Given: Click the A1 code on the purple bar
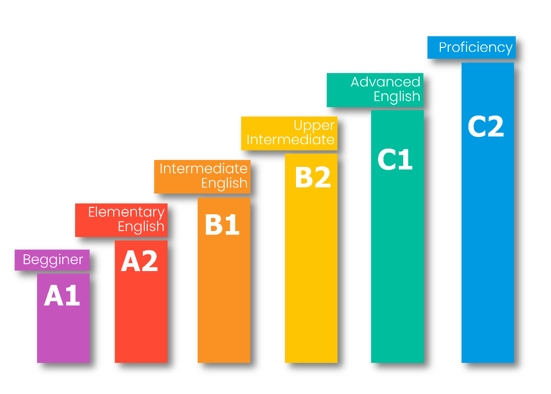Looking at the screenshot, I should pyautogui.click(x=62, y=296).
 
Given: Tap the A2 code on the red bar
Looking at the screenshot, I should pyautogui.click(x=139, y=261).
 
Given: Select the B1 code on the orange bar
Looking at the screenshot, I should pyautogui.click(x=222, y=225).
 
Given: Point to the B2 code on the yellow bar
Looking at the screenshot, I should pyautogui.click(x=312, y=178).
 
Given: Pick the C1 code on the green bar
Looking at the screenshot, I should pyautogui.click(x=395, y=159).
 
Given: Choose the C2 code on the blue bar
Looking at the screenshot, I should pyautogui.click(x=486, y=127).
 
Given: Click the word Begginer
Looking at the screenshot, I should pyautogui.click(x=53, y=260).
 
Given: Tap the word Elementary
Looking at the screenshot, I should pyautogui.click(x=126, y=212).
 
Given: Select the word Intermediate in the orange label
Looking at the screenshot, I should pyautogui.click(x=203, y=169).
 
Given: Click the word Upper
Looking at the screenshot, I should pyautogui.click(x=314, y=126).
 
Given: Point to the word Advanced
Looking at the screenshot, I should pyautogui.click(x=385, y=82).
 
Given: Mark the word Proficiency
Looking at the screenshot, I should pyautogui.click(x=476, y=47).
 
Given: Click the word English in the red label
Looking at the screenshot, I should pyautogui.click(x=141, y=227).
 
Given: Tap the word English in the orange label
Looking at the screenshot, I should pyautogui.click(x=224, y=183).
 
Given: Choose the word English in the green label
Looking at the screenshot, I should pyautogui.click(x=397, y=96).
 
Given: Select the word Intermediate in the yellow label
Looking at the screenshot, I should pyautogui.click(x=291, y=140).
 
